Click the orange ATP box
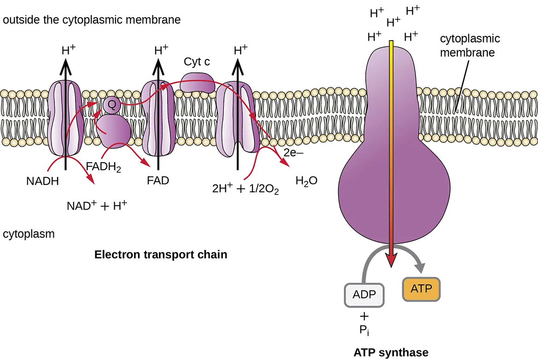pos(421,289)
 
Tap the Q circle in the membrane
pos(111,105)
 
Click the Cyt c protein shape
pos(197,83)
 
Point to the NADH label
pos(42,182)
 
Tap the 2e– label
pos(292,154)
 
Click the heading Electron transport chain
pos(161,254)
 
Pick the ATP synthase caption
pos(391,353)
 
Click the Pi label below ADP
pos(364,330)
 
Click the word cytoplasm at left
pos(29,234)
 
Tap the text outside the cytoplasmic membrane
pos(92,20)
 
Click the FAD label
pos(158,180)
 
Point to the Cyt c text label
pos(197,62)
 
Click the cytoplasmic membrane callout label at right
pos(469,46)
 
